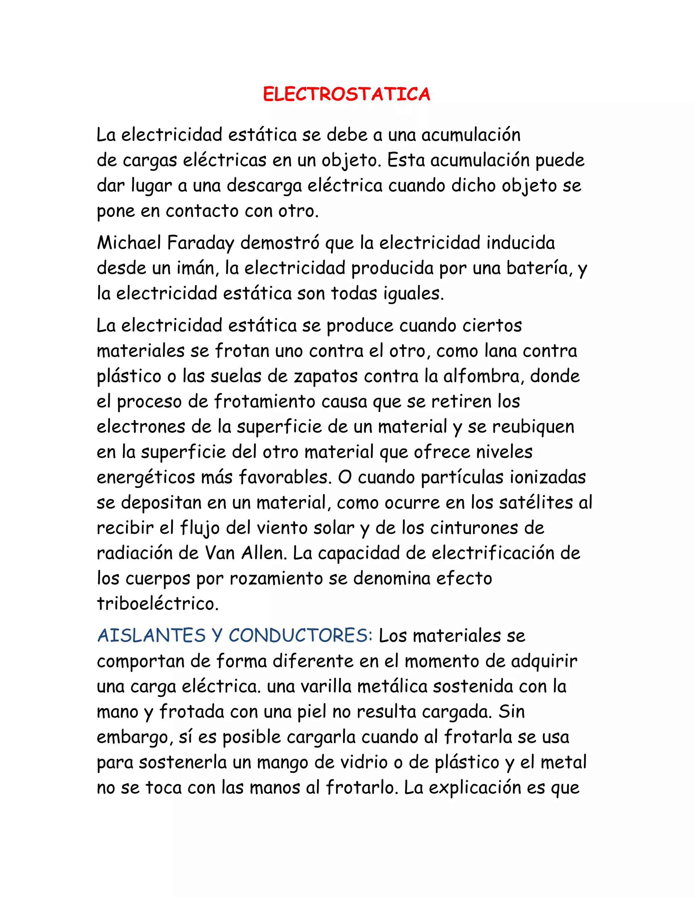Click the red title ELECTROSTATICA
(347, 94)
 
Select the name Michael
(129, 243)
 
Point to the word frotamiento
(264, 401)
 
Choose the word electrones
(141, 427)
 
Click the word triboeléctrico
(158, 604)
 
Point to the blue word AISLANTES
(151, 636)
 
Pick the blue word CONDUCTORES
(300, 636)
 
